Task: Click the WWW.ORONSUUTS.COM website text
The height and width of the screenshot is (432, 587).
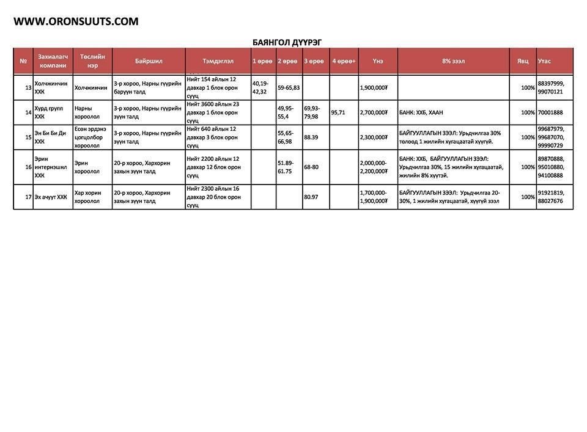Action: point(76,21)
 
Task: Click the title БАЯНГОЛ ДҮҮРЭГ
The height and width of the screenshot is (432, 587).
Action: point(287,42)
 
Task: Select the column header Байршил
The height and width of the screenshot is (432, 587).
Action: point(149,61)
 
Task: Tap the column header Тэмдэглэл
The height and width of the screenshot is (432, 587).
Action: point(218,61)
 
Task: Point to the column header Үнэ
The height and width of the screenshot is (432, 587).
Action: point(378,61)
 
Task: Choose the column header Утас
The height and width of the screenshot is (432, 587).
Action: point(544,61)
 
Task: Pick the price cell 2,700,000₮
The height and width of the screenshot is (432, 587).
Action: point(374,112)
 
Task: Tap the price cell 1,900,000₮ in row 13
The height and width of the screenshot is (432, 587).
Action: point(374,88)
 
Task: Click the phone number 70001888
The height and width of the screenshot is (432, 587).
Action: point(550,112)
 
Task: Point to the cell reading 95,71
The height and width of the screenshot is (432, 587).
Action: point(338,112)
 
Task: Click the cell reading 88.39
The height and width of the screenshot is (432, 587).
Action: point(311,137)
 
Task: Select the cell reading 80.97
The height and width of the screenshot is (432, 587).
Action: point(312,197)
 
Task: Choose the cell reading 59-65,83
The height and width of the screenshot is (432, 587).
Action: point(289,88)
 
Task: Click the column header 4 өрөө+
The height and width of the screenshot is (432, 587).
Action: point(344,61)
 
